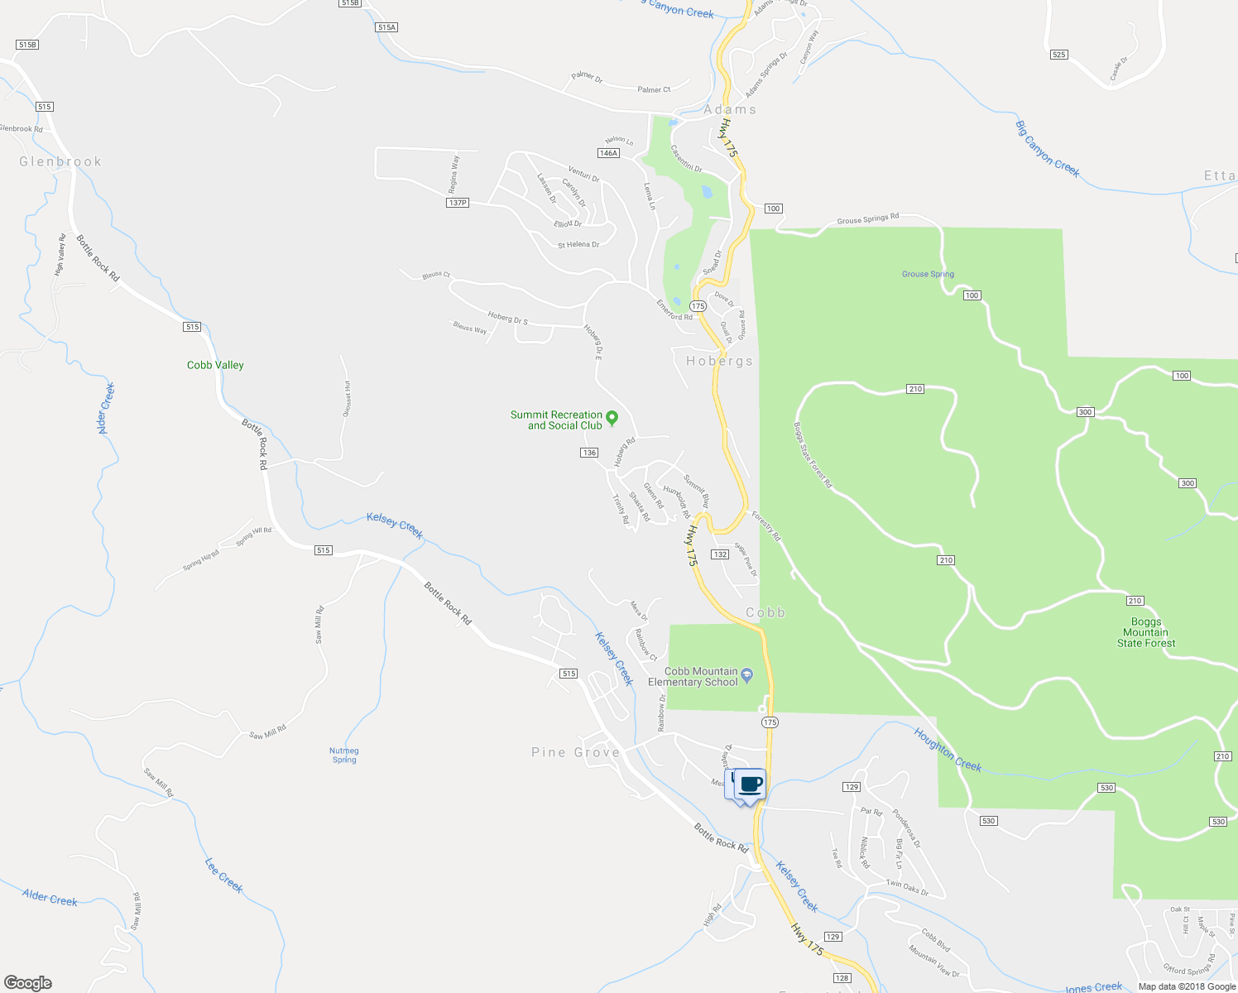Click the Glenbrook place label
60,161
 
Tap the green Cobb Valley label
215,365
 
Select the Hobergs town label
719,361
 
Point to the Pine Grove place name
575,752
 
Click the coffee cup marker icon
750,784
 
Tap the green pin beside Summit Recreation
612,418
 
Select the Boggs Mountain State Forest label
1146,632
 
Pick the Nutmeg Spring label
344,755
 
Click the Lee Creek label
224,875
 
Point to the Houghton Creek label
948,749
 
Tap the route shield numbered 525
1058,55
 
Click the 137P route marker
457,203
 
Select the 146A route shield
608,153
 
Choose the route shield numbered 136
589,453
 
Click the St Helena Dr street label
578,245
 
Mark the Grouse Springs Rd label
867,219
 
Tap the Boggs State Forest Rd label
812,455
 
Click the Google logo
27,983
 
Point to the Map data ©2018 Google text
1186,986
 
